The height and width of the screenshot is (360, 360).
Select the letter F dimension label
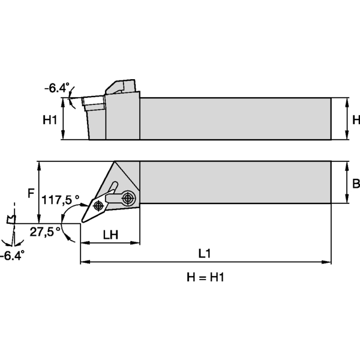point(31,193)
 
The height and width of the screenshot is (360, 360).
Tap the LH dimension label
point(110,235)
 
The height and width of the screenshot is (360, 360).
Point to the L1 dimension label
point(205,254)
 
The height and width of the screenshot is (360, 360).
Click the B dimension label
point(355,183)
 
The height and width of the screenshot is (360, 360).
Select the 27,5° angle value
point(45,230)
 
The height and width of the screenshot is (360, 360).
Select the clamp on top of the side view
point(122,86)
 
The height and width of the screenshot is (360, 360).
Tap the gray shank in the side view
point(234,118)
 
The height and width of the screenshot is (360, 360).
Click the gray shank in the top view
point(234,182)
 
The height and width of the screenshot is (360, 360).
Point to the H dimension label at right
point(356,120)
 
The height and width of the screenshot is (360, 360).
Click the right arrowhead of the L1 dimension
point(328,262)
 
